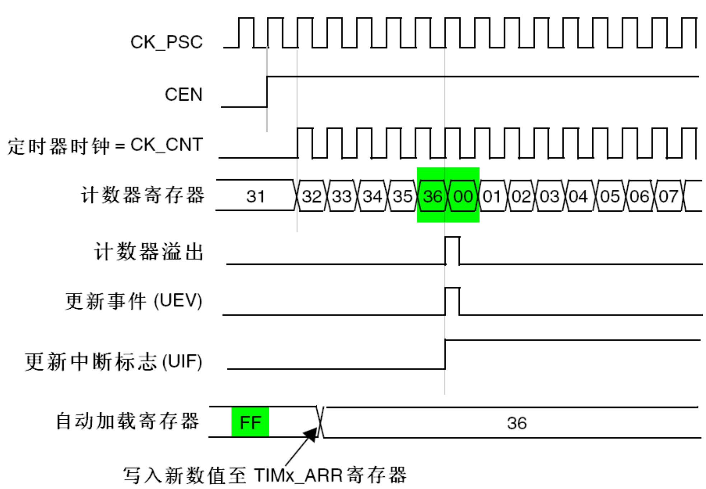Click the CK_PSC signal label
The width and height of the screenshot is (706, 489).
167,42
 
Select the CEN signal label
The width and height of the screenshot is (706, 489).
184,94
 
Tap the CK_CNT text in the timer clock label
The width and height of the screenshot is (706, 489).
167,145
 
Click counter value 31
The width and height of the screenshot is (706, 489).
255,196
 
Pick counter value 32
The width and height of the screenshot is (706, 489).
311,196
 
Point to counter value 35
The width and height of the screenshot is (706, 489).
402,196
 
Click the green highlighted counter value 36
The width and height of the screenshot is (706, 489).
433,196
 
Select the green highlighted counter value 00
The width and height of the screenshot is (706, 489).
463,196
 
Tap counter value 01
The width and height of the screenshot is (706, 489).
492,196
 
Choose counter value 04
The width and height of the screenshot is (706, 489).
578,196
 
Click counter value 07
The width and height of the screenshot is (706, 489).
668,196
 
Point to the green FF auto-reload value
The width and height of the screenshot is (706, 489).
250,422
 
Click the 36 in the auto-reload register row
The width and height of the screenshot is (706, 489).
517,423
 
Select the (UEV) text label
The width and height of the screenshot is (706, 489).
178,300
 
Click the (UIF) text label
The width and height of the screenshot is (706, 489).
182,361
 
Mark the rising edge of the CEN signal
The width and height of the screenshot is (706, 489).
267,92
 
